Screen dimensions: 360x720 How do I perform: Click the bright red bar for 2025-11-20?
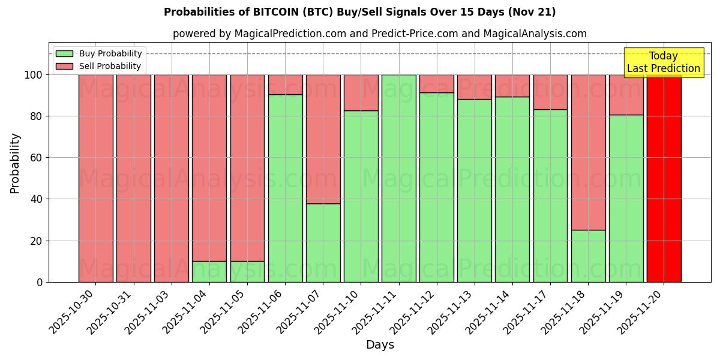coord(664,178)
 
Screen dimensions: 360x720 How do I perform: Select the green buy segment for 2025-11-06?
coord(285,188)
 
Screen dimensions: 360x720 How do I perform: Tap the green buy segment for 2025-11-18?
coord(588,256)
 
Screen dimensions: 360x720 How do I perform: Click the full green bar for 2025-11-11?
coord(398,178)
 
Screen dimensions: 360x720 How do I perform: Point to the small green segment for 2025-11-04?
coord(209,271)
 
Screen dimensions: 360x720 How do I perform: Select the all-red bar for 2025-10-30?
coord(95,178)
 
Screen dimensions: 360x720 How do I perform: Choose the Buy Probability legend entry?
coord(98,53)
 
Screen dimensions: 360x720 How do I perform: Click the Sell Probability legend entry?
coord(98,66)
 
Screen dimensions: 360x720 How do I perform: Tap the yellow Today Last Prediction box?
coord(663,62)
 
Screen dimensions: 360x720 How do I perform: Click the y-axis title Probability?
coord(15,163)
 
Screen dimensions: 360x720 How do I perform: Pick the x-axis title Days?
coord(380,345)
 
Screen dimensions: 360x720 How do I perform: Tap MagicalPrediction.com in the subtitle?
coord(290,34)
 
